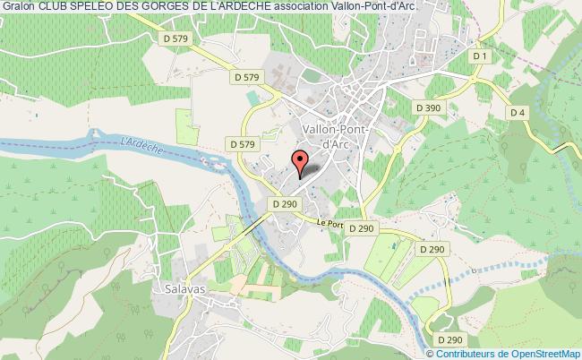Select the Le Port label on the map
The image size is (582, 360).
(x=330, y=224)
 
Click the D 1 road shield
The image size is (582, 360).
(x=482, y=56)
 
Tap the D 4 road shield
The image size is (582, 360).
(x=517, y=112)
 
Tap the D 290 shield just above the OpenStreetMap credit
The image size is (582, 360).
(x=449, y=340)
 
